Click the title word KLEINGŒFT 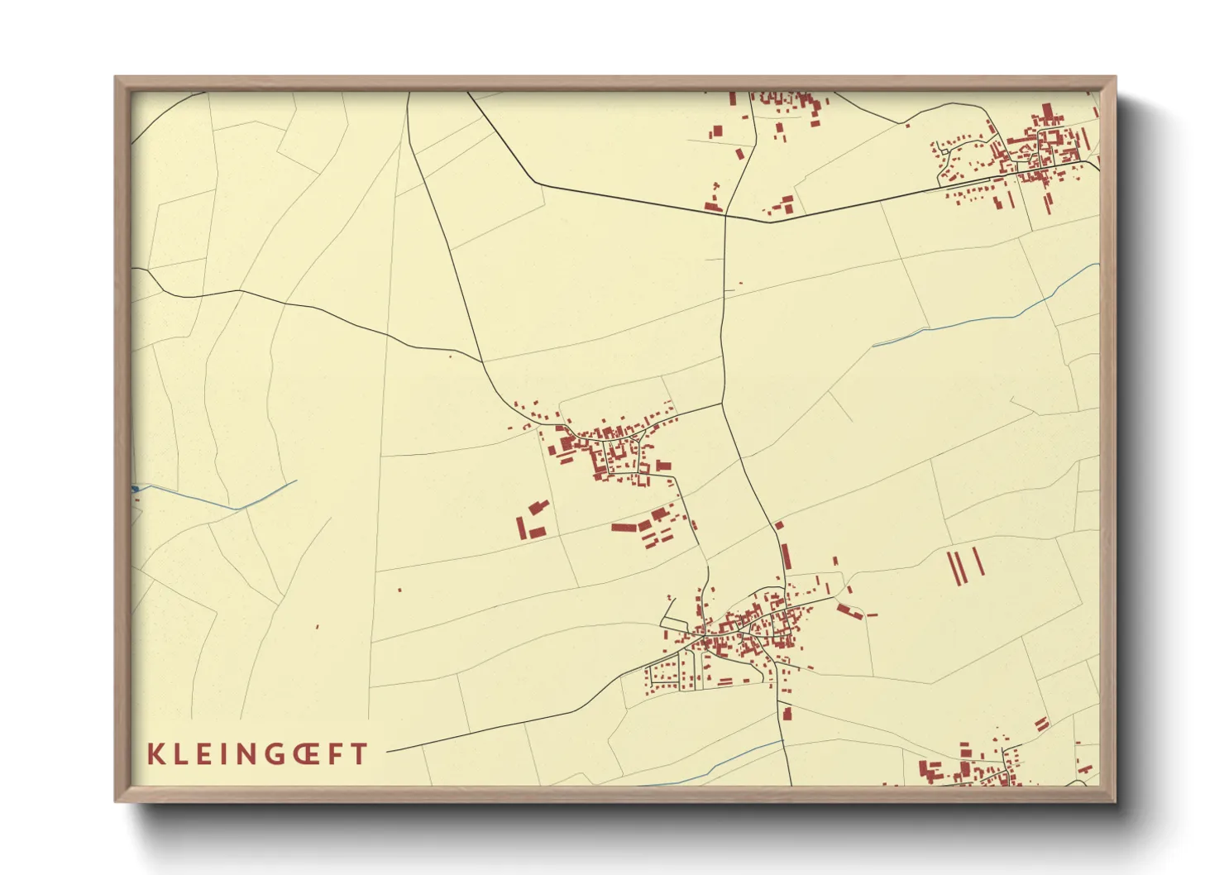click(x=257, y=754)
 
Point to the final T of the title click(x=359, y=754)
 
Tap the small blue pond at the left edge click(x=135, y=490)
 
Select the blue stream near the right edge click(x=992, y=319)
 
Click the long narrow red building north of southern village click(x=786, y=556)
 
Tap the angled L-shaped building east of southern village click(x=849, y=612)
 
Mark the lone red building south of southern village click(x=787, y=713)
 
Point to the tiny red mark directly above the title click(x=318, y=626)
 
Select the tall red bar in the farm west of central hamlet click(x=521, y=528)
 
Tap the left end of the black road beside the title click(x=388, y=752)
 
